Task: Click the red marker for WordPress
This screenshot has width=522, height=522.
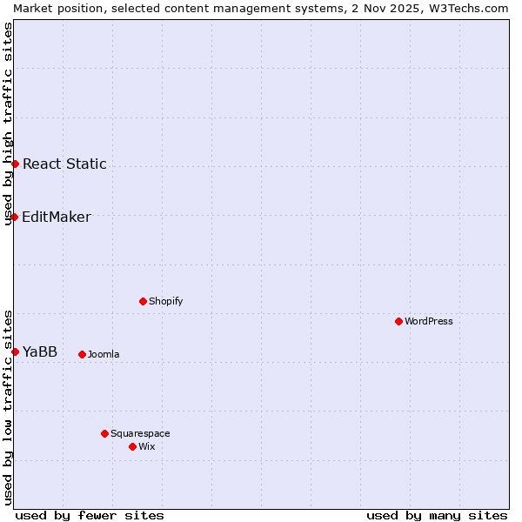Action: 398,321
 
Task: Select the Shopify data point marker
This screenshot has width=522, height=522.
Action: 143,301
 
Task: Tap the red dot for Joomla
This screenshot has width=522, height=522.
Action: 82,354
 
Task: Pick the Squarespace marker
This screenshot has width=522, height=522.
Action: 104,433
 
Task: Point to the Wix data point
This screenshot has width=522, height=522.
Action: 132,446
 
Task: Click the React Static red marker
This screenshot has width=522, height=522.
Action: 15,164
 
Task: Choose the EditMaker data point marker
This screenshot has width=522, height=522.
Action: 15,217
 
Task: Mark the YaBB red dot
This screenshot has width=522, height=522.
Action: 15,351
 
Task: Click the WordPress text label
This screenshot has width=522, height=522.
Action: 429,321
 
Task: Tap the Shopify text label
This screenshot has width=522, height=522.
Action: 166,301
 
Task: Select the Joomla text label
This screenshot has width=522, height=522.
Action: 104,354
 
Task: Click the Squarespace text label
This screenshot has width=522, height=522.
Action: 140,433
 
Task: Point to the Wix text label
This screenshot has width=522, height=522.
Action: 147,446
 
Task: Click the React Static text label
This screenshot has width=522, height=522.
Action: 64,164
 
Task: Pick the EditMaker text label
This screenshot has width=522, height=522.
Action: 57,217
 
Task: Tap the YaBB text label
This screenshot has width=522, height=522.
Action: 40,351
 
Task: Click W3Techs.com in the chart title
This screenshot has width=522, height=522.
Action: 467,8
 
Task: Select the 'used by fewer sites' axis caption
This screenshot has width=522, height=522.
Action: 90,515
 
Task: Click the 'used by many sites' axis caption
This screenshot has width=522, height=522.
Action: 437,515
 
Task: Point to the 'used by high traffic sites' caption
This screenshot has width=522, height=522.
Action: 8,124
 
